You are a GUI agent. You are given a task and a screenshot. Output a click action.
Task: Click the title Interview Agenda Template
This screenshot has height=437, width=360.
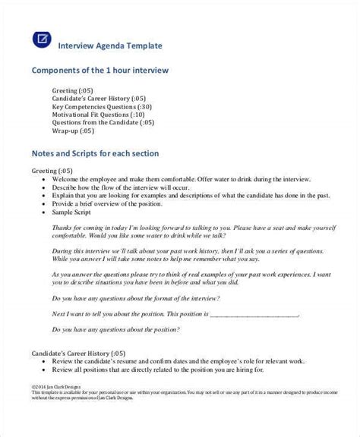(111, 45)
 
